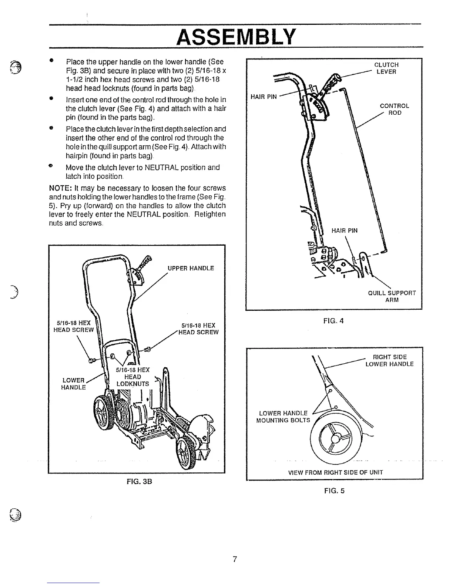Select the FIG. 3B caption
[140, 482]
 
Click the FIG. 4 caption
[333, 321]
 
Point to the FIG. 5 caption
[334, 491]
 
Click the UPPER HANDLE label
[191, 268]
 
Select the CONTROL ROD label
[395, 109]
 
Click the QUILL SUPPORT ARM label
[392, 296]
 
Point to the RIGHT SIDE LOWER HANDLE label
[389, 360]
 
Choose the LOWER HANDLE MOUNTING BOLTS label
[283, 417]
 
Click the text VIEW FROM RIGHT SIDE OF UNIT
[335, 472]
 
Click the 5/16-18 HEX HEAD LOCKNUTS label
[132, 377]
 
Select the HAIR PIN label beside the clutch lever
[264, 97]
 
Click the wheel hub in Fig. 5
[335, 439]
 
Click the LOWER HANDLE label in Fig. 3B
[74, 384]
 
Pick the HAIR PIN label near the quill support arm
[344, 231]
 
